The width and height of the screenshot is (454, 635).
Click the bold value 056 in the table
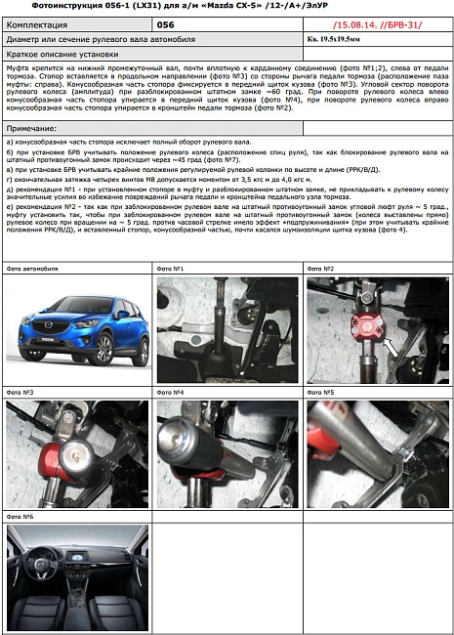(x=166, y=23)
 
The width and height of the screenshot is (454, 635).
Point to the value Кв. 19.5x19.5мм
(x=343, y=40)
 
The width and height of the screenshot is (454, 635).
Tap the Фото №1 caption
(x=171, y=268)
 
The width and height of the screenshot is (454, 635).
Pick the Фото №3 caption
(x=21, y=392)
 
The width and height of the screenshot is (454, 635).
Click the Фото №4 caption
(x=171, y=392)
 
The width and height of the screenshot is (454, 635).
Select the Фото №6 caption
(x=21, y=516)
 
